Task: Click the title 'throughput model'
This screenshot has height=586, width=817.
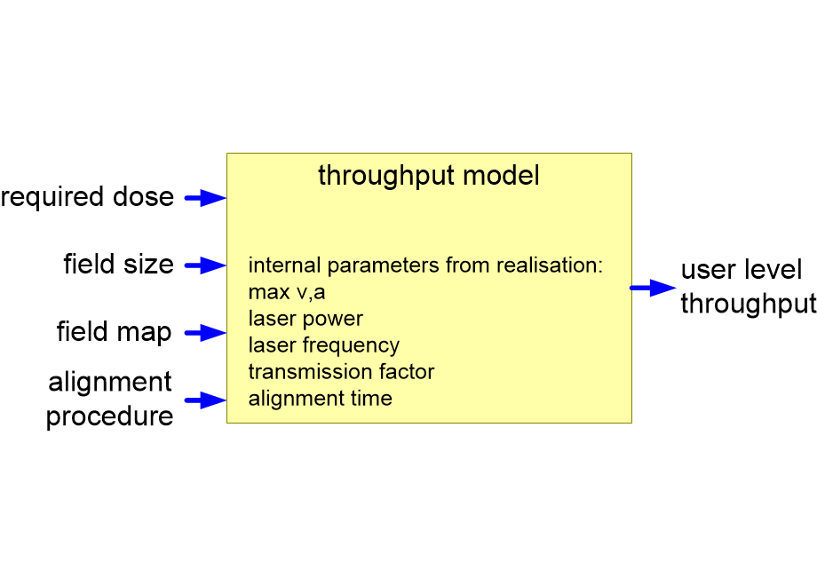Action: click(x=428, y=176)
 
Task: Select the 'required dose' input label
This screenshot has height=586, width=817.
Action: click(x=87, y=197)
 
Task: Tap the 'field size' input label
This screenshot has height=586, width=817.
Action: click(x=118, y=265)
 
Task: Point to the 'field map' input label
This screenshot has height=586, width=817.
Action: click(x=114, y=332)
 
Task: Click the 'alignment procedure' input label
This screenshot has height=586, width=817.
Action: click(x=109, y=399)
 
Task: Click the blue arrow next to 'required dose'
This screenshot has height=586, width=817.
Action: click(x=206, y=199)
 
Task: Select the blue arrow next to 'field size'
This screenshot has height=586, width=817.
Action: click(x=206, y=265)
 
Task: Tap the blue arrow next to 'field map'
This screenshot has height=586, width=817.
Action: click(x=206, y=333)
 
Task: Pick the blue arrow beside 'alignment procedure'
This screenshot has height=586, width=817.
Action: click(x=206, y=400)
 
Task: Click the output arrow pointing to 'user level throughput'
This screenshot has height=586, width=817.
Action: click(x=654, y=288)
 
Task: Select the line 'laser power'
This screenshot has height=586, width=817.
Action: click(x=305, y=318)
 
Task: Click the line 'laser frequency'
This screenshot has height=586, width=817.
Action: click(x=324, y=344)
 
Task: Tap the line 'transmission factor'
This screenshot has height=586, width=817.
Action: click(x=341, y=371)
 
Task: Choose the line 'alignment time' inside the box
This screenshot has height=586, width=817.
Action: click(x=320, y=398)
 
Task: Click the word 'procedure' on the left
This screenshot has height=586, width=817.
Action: click(x=109, y=416)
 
